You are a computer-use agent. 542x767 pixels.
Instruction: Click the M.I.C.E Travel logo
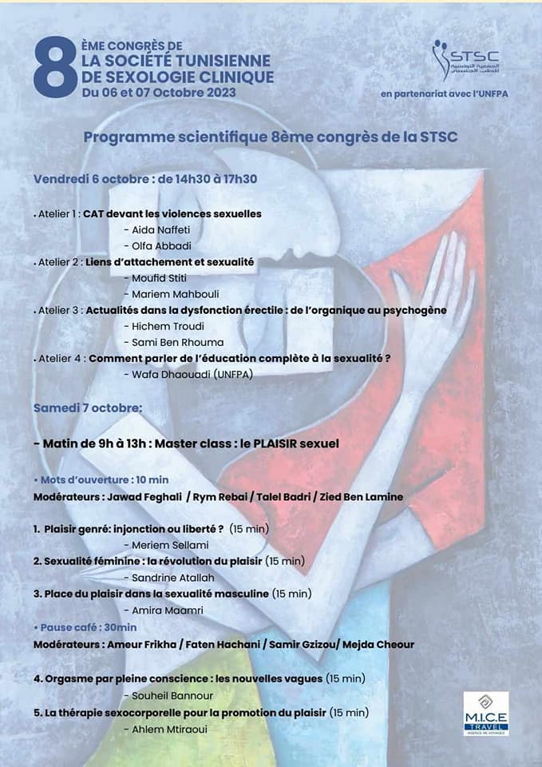tap(486, 713)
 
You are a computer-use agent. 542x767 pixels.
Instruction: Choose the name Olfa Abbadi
tap(161, 245)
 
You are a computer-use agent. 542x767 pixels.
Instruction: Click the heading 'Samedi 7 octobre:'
tap(88, 407)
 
